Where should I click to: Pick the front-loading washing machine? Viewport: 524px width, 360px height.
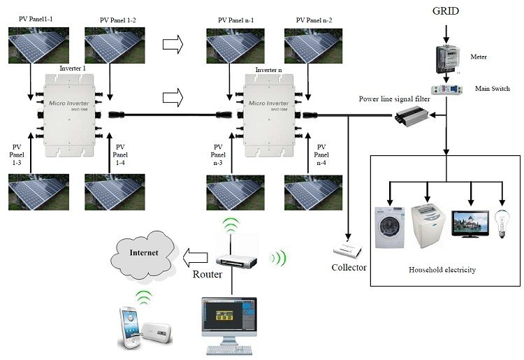click(x=389, y=226)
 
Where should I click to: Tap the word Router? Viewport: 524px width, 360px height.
click(x=207, y=274)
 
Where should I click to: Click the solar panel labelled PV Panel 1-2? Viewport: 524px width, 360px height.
click(x=112, y=45)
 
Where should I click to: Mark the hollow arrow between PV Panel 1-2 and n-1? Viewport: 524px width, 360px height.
click(x=172, y=45)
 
